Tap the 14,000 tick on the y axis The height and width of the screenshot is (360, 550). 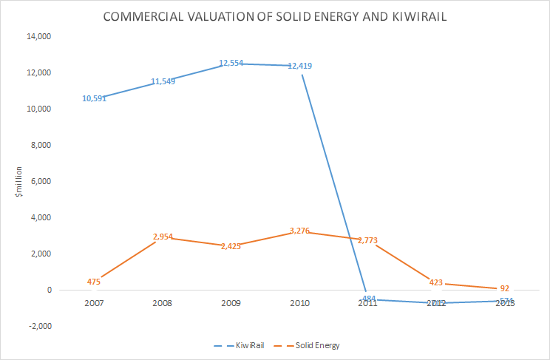click(41, 36)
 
